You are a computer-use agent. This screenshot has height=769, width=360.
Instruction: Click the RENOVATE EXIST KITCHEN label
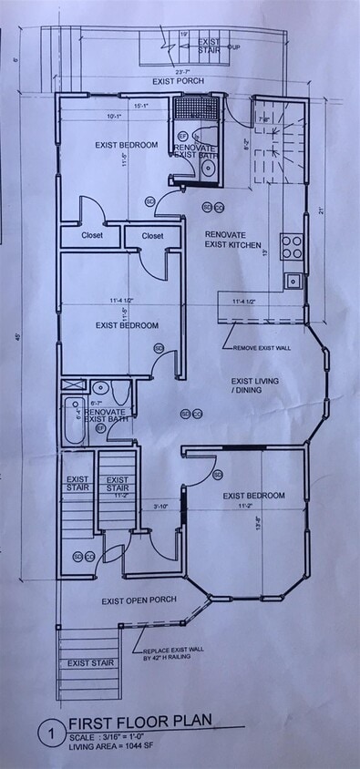point(233,240)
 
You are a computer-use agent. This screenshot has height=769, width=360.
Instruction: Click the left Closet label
point(92,235)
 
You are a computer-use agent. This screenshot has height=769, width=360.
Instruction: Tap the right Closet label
point(152,235)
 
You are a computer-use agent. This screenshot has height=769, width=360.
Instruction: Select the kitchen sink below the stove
point(293,281)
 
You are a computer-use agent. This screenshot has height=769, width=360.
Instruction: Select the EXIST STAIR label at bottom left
point(91,662)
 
